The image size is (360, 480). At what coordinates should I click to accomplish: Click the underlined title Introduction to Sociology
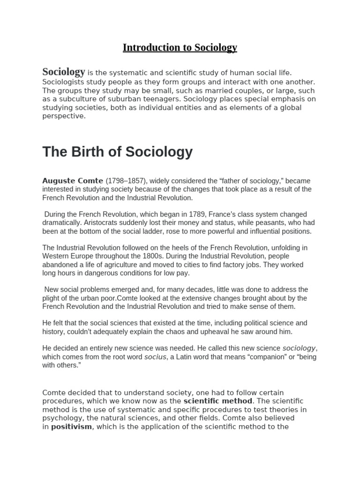click(180, 47)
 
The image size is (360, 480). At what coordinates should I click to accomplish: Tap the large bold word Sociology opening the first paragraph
click(64, 72)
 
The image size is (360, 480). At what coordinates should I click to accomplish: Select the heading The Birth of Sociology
click(117, 152)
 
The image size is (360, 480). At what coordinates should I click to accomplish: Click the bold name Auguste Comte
click(73, 181)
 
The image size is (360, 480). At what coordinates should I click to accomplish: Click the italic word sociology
click(299, 348)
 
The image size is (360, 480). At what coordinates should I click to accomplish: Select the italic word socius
click(155, 357)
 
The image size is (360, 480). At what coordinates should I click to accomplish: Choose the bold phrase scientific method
click(218, 401)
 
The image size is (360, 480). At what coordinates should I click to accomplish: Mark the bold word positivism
click(71, 427)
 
